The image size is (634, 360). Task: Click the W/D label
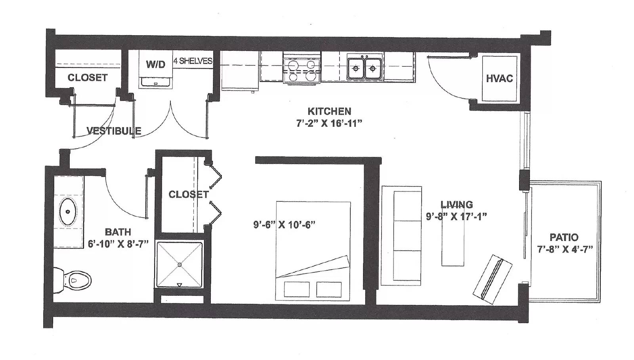(156, 65)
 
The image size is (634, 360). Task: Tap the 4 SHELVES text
(193, 61)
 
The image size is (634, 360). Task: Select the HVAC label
(500, 79)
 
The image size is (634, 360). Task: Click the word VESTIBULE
(114, 131)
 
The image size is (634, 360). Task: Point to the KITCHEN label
(329, 111)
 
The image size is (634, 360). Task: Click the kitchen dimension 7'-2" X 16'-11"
(329, 123)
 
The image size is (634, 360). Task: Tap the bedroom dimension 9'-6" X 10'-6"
(284, 225)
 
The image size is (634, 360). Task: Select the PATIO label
(564, 237)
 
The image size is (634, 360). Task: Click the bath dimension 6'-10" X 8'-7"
(118, 244)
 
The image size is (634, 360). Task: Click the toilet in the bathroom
(72, 280)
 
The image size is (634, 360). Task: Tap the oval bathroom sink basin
(68, 212)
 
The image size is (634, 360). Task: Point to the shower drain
(180, 264)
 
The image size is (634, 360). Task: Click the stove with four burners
(302, 69)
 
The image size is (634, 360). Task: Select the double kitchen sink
(365, 68)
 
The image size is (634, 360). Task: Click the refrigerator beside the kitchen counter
(240, 71)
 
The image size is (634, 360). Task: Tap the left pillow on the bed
(296, 289)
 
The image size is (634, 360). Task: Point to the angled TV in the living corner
(492, 279)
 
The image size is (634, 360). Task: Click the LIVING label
(456, 204)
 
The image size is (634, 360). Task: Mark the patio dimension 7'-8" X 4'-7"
(565, 249)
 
